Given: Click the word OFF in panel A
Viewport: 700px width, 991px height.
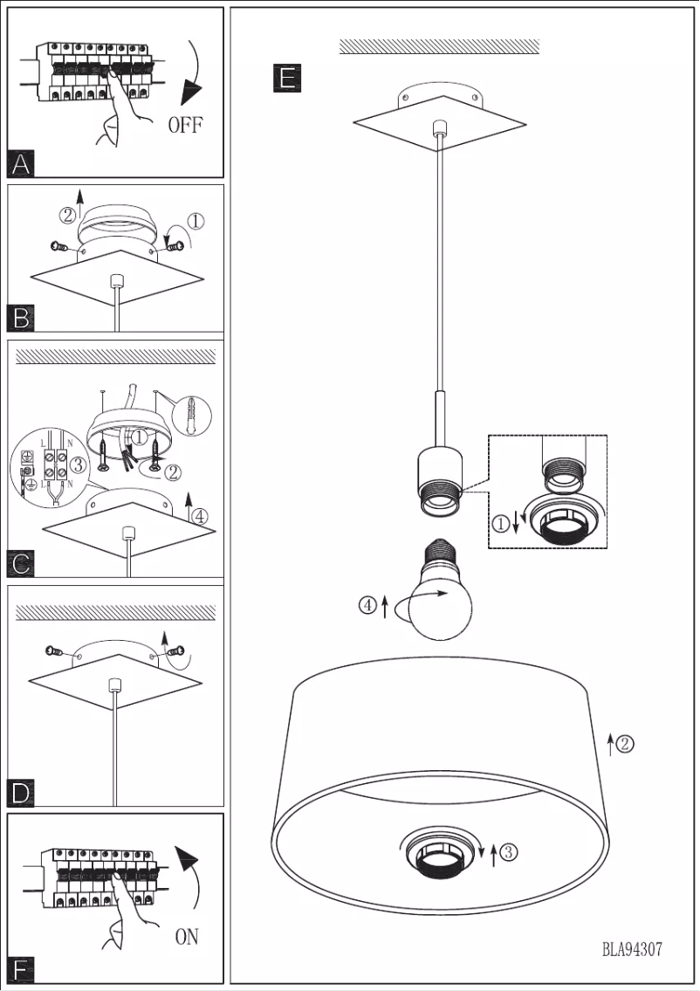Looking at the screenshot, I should (185, 125).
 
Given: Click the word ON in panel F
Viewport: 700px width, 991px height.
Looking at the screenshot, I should (187, 938).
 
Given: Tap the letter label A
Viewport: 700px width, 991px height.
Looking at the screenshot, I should (22, 163).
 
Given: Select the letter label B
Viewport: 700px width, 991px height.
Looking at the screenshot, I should (22, 319).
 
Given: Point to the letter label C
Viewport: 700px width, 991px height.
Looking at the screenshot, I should (22, 563).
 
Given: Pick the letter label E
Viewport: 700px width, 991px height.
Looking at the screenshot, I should (286, 79).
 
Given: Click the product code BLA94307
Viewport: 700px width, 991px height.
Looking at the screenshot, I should (632, 950).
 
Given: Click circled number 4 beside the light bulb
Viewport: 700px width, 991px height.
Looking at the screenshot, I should (367, 604).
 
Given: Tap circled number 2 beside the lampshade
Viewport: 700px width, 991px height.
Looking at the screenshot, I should (625, 745).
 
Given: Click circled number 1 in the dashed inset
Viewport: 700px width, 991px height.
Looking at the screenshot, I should (500, 524).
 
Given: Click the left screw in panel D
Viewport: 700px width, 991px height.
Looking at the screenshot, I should (53, 651).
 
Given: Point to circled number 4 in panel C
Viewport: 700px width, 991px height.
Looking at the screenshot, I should (200, 516).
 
